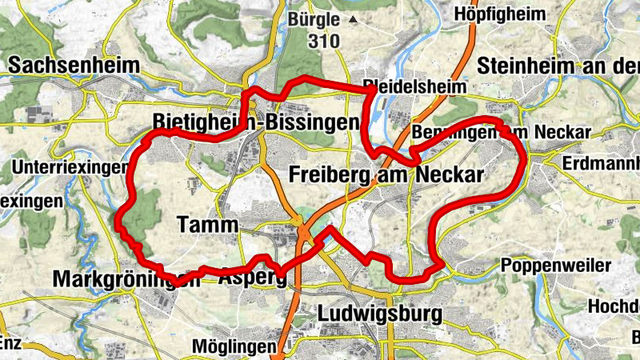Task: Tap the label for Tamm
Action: click(206, 226)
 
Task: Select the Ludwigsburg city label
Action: click(379, 314)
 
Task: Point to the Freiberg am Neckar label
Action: click(387, 175)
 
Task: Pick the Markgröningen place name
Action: click(126, 279)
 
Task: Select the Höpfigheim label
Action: click(510, 14)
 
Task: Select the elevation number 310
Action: click(322, 41)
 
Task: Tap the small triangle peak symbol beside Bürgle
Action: click(350, 18)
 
